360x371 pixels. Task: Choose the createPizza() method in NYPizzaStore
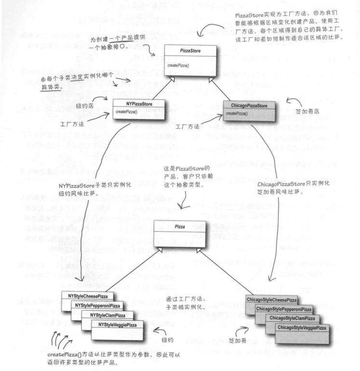click(126, 112)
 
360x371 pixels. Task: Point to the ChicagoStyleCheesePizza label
click(271, 300)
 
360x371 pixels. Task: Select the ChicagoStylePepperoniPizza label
click(284, 309)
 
